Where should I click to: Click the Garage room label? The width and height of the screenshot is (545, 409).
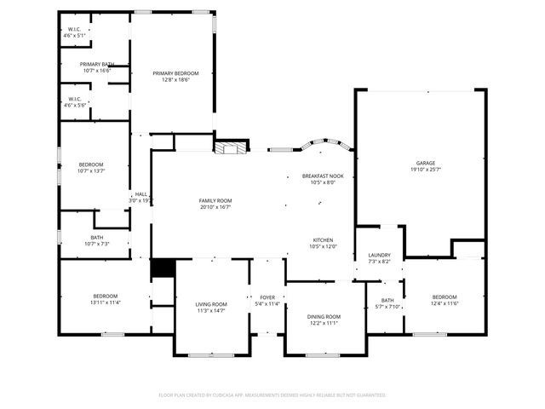[425, 163]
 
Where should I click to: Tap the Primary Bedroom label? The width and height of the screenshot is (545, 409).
[169, 74]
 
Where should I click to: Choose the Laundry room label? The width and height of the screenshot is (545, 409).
[379, 255]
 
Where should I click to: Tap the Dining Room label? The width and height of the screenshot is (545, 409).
[324, 317]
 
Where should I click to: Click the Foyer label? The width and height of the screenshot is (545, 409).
[267, 297]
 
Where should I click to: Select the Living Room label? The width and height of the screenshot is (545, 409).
[211, 304]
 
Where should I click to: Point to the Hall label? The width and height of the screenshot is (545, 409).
[141, 194]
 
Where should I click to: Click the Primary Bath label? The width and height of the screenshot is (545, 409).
[97, 65]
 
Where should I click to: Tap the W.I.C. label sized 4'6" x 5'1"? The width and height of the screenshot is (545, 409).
[74, 30]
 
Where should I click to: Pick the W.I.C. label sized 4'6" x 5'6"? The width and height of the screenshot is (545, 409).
[74, 99]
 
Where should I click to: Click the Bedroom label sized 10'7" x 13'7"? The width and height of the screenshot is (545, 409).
[91, 164]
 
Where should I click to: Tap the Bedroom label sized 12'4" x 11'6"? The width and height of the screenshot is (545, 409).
[445, 297]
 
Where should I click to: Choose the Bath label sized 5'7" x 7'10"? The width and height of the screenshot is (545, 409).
[387, 301]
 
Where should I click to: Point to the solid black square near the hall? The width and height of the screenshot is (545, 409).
[162, 268]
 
